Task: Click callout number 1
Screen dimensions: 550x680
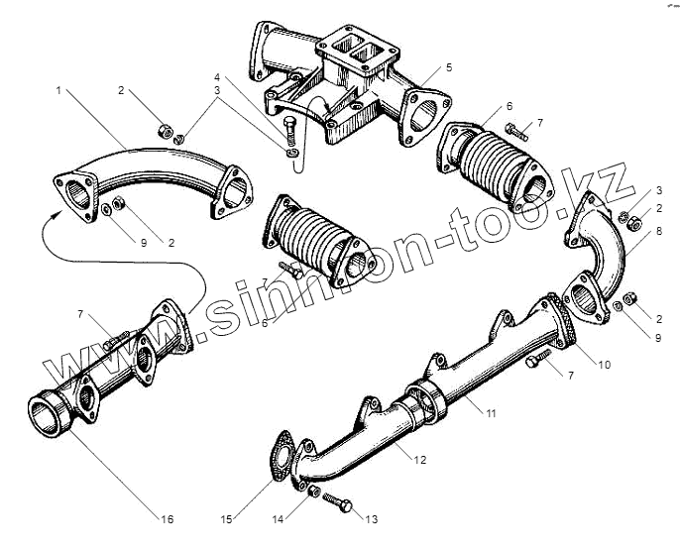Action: click(x=60, y=90)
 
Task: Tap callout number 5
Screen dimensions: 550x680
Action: click(x=448, y=67)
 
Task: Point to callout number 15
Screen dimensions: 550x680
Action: click(x=226, y=517)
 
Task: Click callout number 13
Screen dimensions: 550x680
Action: click(x=372, y=517)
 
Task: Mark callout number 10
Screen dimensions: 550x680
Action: click(x=605, y=364)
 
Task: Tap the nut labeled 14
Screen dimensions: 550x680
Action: click(x=311, y=493)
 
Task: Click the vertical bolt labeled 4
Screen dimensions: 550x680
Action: click(x=288, y=131)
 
